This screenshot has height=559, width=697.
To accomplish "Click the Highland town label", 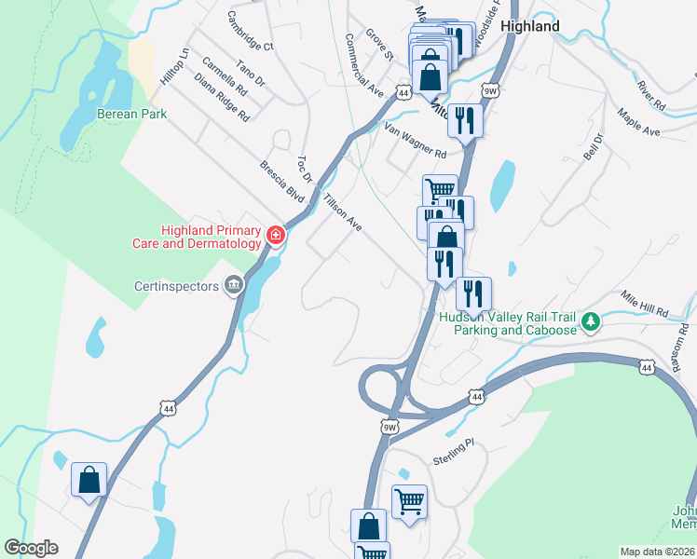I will point(529,26).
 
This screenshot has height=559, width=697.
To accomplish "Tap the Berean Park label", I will point(131,114).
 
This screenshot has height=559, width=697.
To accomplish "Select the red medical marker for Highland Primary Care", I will point(275,235).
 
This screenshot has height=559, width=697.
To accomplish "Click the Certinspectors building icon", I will point(232,285).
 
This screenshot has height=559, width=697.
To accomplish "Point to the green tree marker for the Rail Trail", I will point(589,322).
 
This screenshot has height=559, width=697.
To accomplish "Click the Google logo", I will point(31,548).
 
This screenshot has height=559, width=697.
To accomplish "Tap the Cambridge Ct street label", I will point(250,32).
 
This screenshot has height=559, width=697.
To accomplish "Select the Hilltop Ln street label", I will point(174,66).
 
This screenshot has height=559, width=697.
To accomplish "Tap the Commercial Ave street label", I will point(364,66).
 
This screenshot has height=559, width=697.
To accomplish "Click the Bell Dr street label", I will point(594,146).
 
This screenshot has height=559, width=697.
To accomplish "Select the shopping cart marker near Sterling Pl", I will point(409,501).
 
